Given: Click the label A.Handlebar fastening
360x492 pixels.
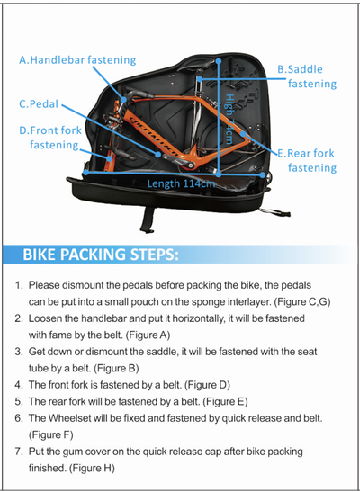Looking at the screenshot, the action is pyautogui.click(x=77, y=59).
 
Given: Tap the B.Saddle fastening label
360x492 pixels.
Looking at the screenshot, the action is pyautogui.click(x=307, y=76).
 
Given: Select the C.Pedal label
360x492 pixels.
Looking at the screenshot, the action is pyautogui.click(x=39, y=103).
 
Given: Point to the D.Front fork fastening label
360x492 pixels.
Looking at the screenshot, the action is pyautogui.click(x=50, y=138).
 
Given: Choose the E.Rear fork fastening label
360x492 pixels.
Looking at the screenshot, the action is pyautogui.click(x=307, y=160).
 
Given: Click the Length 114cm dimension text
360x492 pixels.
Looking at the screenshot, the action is pyautogui.click(x=181, y=183).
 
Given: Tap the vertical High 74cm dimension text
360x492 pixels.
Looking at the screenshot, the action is pyautogui.click(x=229, y=119).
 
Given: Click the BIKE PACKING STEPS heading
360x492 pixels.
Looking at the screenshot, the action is pyautogui.click(x=101, y=255).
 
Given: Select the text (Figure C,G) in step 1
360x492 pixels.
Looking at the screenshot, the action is pyautogui.click(x=302, y=302).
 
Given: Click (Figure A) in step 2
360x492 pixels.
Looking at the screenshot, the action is pyautogui.click(x=148, y=335).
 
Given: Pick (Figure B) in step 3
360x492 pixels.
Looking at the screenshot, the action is pyautogui.click(x=116, y=369).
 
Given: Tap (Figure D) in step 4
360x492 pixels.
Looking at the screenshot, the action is pyautogui.click(x=207, y=385).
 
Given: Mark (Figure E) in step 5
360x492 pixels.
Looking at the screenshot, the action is pyautogui.click(x=225, y=401).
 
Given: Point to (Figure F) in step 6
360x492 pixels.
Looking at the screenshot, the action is pyautogui.click(x=50, y=435).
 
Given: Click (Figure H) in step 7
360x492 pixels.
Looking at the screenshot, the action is pyautogui.click(x=92, y=468).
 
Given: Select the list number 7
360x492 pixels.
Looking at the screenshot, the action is pyautogui.click(x=18, y=452).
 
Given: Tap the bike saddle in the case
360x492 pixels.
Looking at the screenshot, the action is pyautogui.click(x=198, y=66).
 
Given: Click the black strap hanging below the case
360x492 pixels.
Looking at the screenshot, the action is pyautogui.click(x=148, y=219).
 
